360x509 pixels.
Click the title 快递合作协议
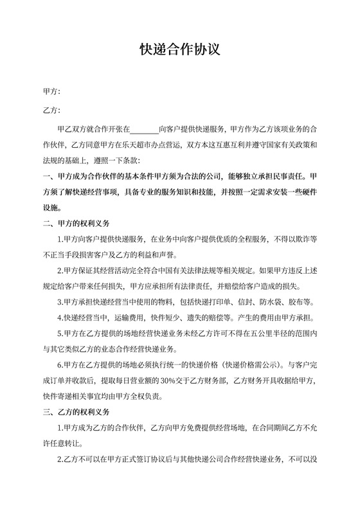(180, 50)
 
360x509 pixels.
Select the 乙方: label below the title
(51, 111)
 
